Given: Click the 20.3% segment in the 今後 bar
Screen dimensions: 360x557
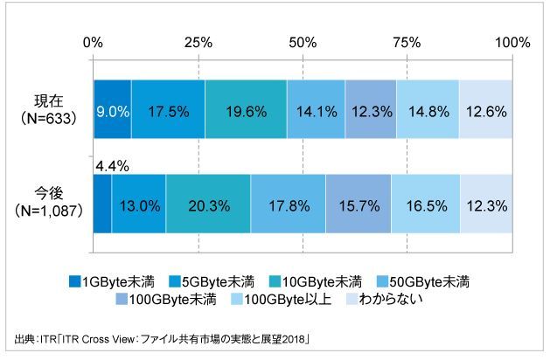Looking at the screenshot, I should click(208, 204).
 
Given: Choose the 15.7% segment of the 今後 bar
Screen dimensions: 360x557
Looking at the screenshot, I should click(358, 204).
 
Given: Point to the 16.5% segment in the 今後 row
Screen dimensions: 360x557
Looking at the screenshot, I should click(426, 204).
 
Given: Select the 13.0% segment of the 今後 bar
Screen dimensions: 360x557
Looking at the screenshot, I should click(139, 204).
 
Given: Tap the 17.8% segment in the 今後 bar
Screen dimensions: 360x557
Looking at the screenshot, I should click(288, 204).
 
